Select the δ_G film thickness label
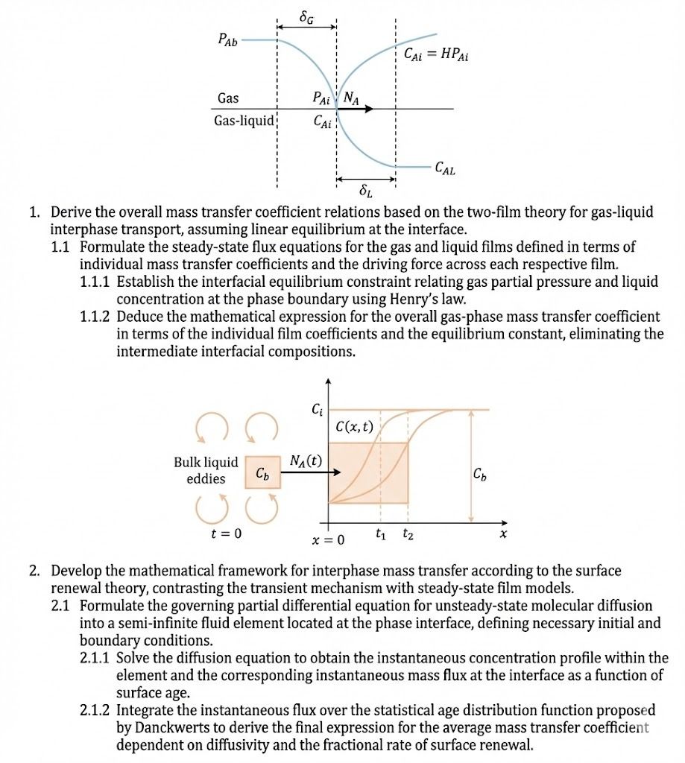pyautogui.click(x=306, y=15)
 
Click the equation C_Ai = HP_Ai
pyautogui.click(x=435, y=54)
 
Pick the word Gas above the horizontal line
pyautogui.click(x=228, y=98)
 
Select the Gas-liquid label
pyautogui.click(x=244, y=121)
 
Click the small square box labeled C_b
pyautogui.click(x=262, y=473)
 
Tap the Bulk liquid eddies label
pyautogui.click(x=206, y=470)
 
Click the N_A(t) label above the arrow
pyautogui.click(x=306, y=460)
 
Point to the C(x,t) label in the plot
pyautogui.click(x=354, y=427)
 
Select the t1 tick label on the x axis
pyautogui.click(x=381, y=534)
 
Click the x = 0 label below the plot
pyautogui.click(x=328, y=539)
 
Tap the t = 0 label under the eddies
pyautogui.click(x=226, y=534)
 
